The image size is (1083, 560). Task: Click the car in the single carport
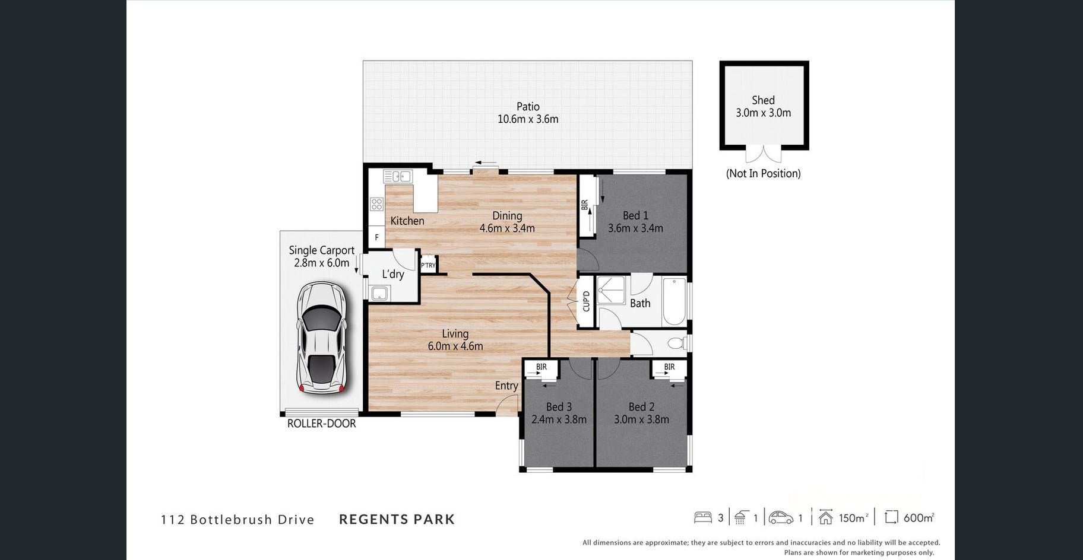(x=321, y=338)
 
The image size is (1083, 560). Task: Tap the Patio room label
(x=528, y=107)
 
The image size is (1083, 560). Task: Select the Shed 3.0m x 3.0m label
(x=764, y=107)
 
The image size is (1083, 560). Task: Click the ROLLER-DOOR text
(x=321, y=424)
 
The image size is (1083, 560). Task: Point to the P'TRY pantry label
(x=428, y=265)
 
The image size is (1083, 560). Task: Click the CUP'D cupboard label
(x=586, y=301)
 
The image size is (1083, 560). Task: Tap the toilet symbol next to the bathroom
(x=677, y=343)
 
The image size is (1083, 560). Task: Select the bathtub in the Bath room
(x=674, y=301)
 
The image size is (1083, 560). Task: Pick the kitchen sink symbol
(x=397, y=176)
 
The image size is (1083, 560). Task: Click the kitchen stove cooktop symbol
(x=376, y=205)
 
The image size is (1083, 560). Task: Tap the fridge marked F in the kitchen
(x=376, y=237)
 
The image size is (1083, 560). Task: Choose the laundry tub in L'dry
(x=379, y=293)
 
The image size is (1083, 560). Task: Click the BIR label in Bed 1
(x=585, y=205)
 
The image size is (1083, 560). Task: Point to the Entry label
(x=506, y=386)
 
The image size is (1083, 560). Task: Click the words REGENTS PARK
(x=397, y=520)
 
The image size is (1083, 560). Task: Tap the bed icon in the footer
(x=703, y=518)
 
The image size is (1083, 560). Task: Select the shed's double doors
(x=764, y=154)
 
